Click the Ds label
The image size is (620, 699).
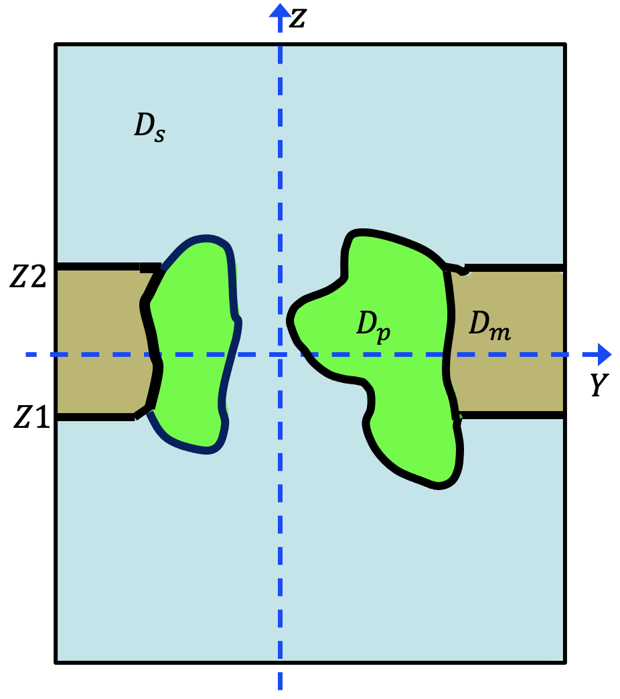click(x=149, y=127)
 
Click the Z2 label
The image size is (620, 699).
click(x=28, y=277)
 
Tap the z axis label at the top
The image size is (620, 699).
click(x=297, y=19)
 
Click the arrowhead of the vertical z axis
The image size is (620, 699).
click(x=280, y=9)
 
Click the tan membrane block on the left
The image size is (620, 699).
click(x=100, y=341)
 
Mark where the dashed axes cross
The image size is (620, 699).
click(x=280, y=354)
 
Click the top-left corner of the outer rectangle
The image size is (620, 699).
click(x=56, y=45)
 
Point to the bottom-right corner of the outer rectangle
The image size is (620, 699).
click(x=566, y=662)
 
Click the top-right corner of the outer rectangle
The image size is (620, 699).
click(x=566, y=45)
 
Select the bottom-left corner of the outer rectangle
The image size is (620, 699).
click(x=56, y=662)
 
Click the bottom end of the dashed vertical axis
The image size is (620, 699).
click(x=280, y=688)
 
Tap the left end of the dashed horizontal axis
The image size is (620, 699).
click(x=27, y=354)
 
